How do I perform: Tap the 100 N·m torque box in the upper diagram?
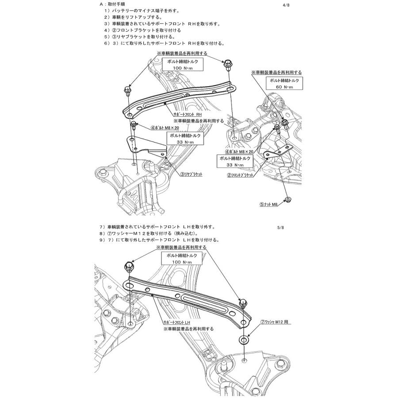coord(183,65)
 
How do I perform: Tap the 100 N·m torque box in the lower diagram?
coord(183,259)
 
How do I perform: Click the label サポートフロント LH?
coord(176,324)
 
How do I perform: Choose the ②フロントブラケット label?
coord(241,176)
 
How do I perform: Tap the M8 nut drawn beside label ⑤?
coord(288,199)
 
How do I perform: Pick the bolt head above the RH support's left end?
coord(126,89)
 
